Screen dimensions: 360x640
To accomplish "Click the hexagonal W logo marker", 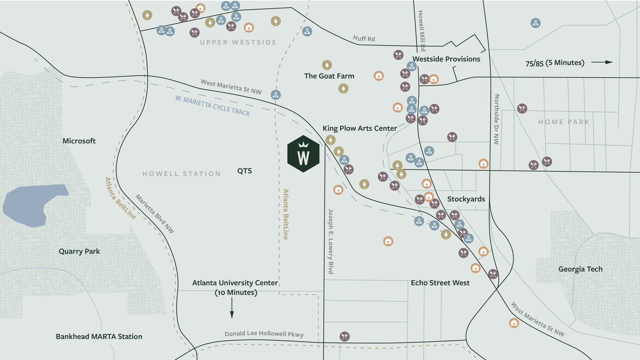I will coord(303,154).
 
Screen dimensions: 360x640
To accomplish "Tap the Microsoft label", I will coord(79,141).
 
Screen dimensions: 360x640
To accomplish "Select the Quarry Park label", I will coord(79,251).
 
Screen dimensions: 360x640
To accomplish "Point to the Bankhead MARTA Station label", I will coord(99,337).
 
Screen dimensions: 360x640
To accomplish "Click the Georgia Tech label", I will coord(580,269).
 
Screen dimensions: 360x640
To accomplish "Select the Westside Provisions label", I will coord(446,59).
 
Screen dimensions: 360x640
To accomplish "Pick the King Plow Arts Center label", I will coord(360,128).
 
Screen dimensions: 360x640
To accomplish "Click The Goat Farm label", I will coord(329,76).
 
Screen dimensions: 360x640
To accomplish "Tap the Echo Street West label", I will coord(440,283).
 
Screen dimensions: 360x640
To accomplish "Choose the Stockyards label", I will coord(466,199).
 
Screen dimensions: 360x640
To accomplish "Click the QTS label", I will coord(244,171).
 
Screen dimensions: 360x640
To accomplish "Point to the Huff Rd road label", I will coord(364,39).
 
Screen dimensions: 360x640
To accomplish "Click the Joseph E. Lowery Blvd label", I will coord(331,241).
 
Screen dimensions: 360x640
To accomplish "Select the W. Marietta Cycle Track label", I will coord(212,105).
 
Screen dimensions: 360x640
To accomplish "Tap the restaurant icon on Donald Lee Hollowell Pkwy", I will coord(345,337).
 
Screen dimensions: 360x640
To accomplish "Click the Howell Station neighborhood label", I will coord(181,174).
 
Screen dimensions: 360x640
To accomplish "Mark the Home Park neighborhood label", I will coord(564,122).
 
